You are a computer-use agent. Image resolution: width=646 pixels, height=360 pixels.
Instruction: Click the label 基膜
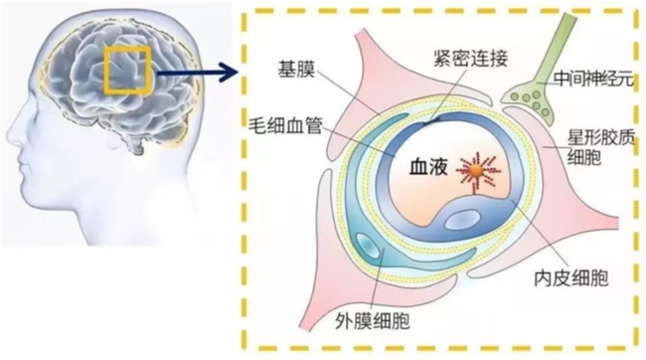296,70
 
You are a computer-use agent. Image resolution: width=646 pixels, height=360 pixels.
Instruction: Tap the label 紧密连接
470,58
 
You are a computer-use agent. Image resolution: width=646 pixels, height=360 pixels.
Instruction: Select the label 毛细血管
286,125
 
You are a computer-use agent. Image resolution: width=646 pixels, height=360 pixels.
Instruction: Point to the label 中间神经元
593,79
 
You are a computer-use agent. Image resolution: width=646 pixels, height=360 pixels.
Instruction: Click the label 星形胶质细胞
601,147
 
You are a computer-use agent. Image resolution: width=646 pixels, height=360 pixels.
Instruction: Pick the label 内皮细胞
571,278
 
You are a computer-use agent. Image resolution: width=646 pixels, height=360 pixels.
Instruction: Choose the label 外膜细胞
373,320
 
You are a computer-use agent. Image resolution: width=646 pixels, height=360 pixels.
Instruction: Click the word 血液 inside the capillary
428,167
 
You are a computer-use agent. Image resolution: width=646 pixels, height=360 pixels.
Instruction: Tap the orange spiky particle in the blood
477,171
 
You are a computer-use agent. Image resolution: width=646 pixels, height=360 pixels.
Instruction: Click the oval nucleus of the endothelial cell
462,220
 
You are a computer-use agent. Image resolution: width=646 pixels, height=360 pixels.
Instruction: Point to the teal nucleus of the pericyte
367,246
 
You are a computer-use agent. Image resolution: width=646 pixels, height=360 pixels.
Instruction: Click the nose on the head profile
12,134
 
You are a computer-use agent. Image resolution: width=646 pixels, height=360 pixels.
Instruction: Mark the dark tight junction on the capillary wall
429,120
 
